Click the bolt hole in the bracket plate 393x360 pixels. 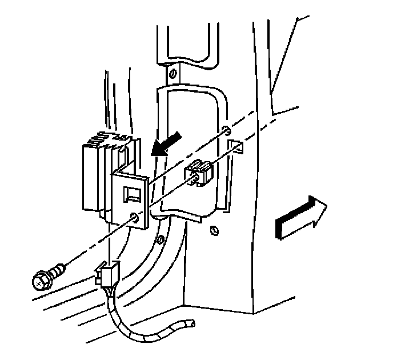135,217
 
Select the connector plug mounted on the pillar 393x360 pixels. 199,173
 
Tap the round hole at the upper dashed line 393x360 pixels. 226,129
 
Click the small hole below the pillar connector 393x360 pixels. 214,230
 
